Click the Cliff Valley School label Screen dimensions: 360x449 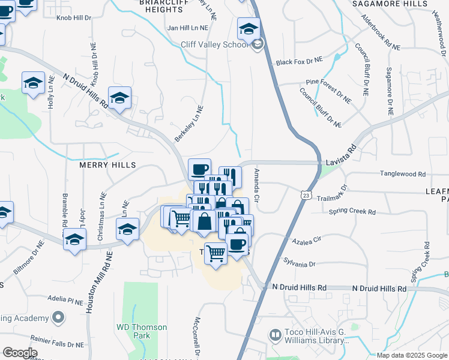click(x=214, y=44)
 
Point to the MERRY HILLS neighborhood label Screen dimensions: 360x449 click(x=107, y=164)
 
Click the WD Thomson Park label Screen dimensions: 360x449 click(x=142, y=332)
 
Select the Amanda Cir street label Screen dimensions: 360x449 click(x=256, y=185)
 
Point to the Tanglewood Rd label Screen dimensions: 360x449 click(x=402, y=174)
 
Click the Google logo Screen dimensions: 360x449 click(x=20, y=353)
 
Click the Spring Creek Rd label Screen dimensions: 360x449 click(x=352, y=212)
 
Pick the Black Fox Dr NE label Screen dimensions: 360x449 click(x=299, y=62)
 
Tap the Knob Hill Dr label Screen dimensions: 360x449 click(x=73, y=19)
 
